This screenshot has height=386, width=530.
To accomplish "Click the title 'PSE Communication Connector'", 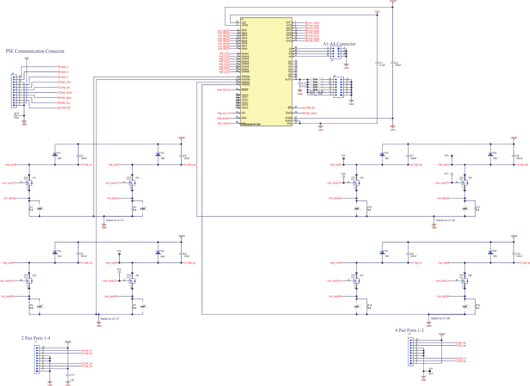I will tap(35, 51).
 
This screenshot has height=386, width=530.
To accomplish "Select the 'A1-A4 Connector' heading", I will tap(339, 44).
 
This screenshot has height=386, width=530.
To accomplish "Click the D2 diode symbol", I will tap(158, 154).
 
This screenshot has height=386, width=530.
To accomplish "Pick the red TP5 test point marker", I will tap(343, 159).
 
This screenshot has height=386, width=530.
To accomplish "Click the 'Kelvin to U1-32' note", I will tap(445, 221).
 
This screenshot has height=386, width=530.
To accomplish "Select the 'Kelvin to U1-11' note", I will tap(109, 319).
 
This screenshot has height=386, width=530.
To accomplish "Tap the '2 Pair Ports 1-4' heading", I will tap(36, 338).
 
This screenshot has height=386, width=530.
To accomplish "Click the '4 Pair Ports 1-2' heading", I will tap(409, 330).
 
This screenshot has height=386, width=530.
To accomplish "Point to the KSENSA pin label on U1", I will tap(245, 77).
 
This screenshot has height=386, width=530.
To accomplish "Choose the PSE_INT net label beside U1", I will tap(310, 108).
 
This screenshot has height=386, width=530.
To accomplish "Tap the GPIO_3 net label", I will tap(64, 67).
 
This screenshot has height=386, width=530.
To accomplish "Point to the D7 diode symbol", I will tap(381, 253).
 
